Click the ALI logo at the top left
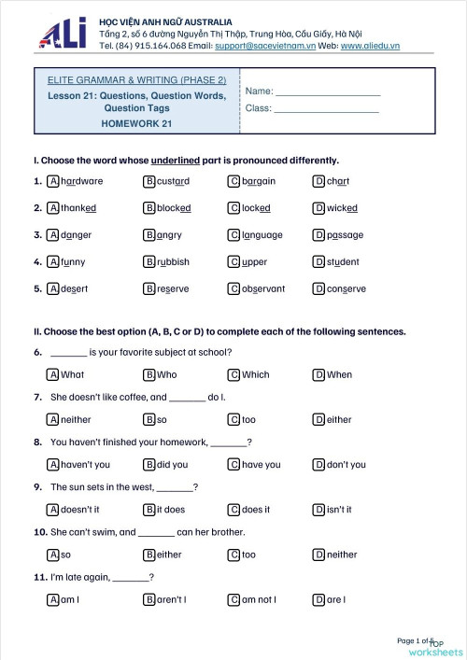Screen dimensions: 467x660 63,34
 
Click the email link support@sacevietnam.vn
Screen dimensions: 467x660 276,44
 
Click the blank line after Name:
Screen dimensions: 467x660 328,92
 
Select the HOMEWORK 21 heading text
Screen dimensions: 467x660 137,122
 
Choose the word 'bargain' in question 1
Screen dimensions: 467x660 259,181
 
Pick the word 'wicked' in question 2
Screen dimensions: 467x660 342,208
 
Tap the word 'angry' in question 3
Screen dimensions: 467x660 169,235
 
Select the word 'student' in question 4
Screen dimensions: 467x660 343,262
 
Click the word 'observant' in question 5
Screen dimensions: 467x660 263,289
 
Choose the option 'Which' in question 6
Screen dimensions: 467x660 255,374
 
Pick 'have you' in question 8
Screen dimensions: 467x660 261,465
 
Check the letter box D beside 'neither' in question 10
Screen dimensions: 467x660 319,555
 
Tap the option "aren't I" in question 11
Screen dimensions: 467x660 171,599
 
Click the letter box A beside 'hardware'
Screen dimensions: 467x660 53,181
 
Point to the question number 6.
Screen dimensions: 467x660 37,353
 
